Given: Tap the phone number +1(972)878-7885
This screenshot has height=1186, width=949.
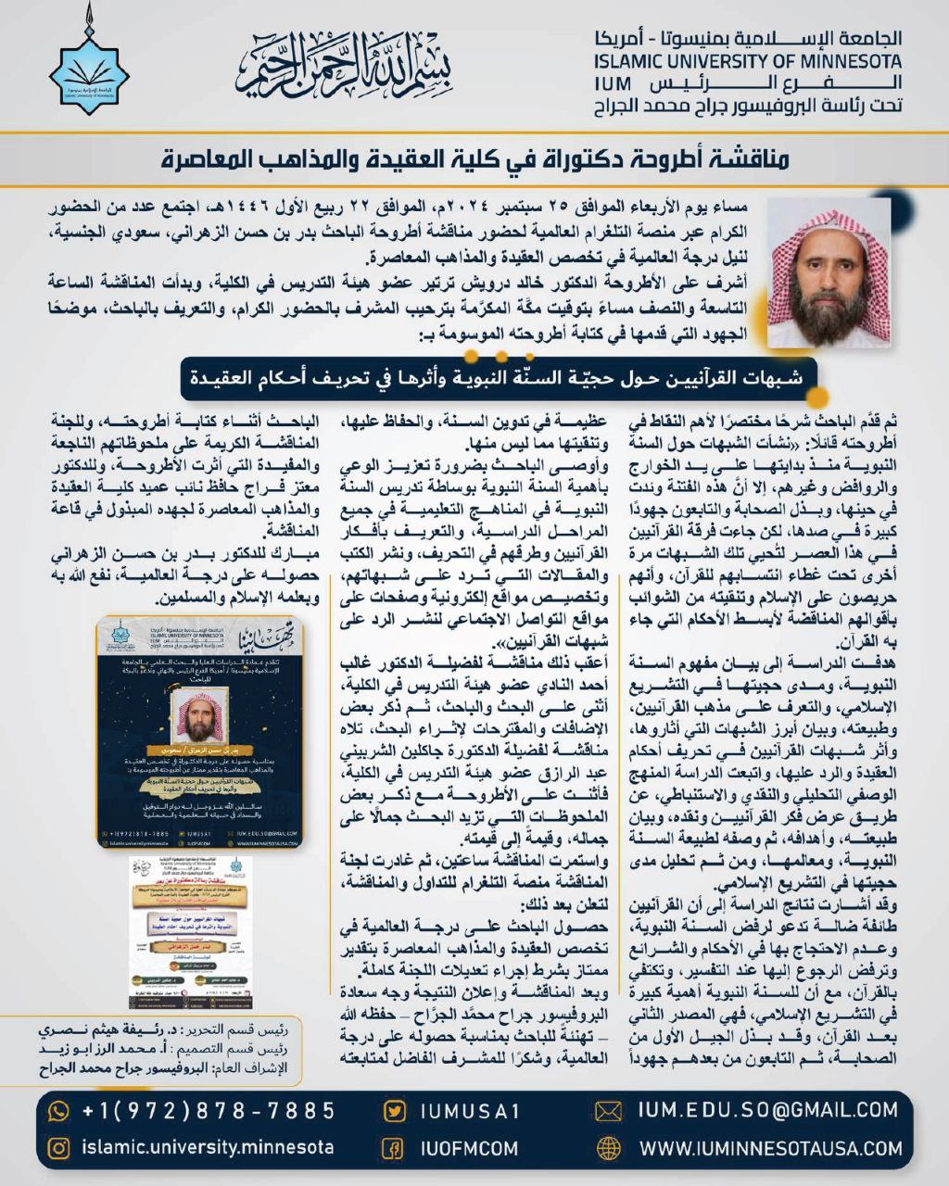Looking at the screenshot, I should tap(208, 1111).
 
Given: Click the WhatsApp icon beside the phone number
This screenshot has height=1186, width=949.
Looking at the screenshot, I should tap(58, 1111).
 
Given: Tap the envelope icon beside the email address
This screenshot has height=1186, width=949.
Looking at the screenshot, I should tap(608, 1111).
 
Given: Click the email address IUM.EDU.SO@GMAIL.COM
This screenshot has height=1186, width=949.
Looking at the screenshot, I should tap(767, 1110).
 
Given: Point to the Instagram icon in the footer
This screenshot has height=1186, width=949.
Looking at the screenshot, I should tap(58, 1148).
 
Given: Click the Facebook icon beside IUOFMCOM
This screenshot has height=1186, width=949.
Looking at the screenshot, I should tap(394, 1149).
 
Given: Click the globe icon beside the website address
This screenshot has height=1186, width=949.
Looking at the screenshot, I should tap(608, 1149).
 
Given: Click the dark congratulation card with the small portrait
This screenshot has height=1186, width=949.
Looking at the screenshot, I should tap(200, 731).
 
